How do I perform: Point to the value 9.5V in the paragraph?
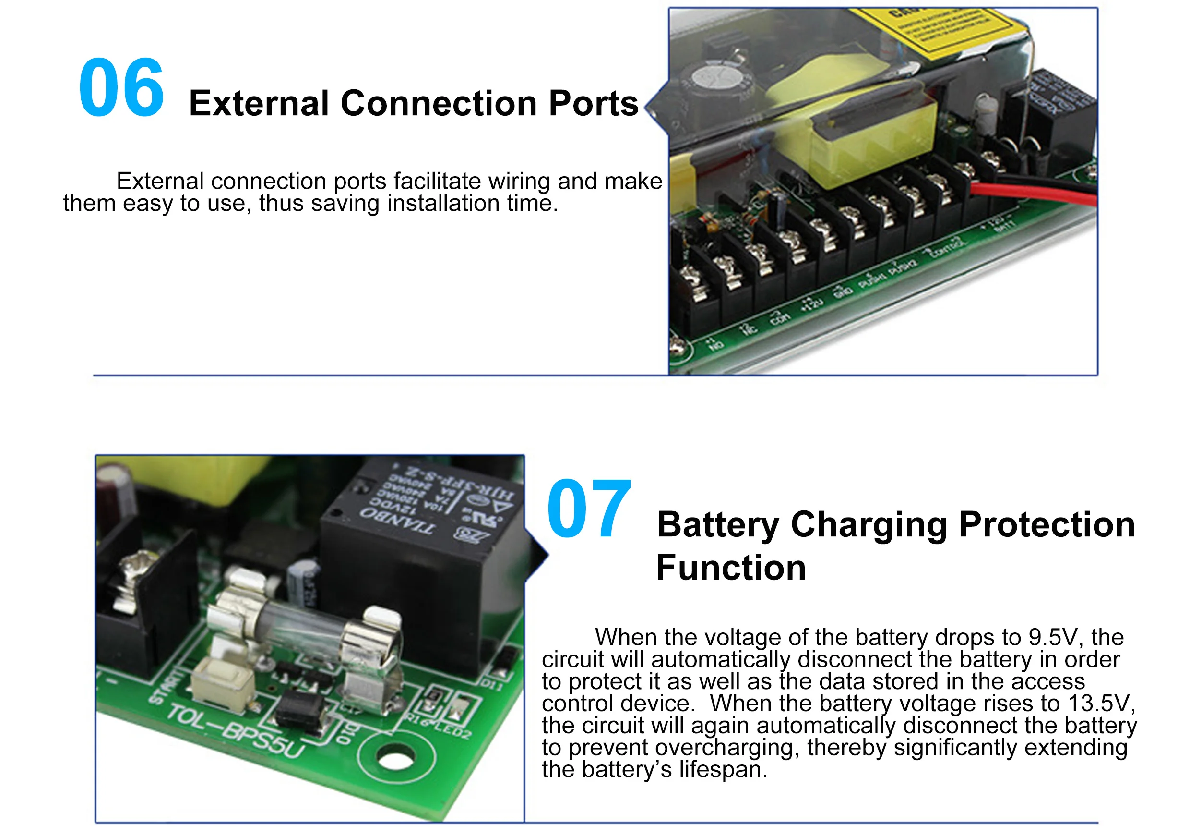1053,637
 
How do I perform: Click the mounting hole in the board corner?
396,760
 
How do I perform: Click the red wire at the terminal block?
1036,194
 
